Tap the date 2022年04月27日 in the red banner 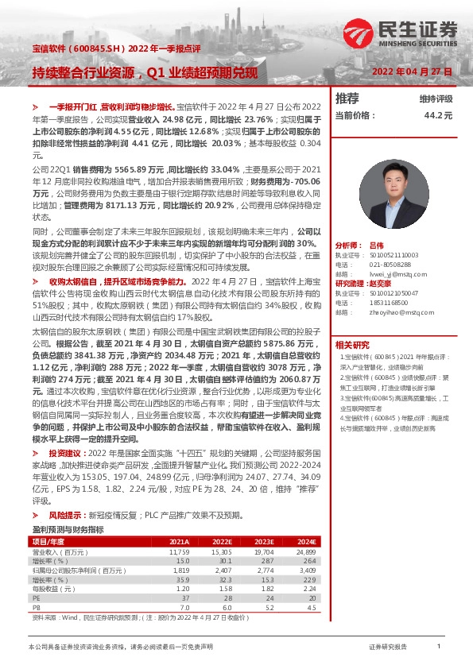click(x=412, y=72)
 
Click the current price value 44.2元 click(x=438, y=114)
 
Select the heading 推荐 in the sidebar click(x=347, y=99)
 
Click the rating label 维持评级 click(x=436, y=99)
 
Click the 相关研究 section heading click(x=351, y=344)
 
